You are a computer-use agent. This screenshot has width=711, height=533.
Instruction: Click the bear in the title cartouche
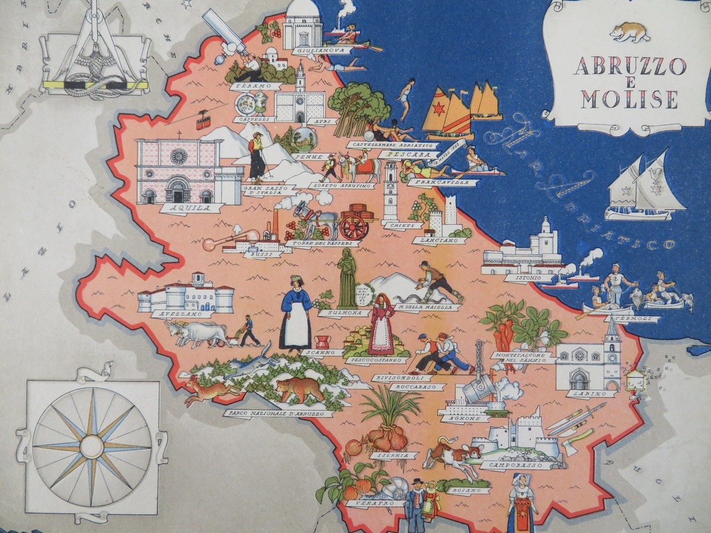tap(629, 31)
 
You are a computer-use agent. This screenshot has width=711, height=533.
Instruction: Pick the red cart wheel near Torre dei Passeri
tap(355, 226)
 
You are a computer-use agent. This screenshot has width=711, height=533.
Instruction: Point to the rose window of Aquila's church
tap(178, 156)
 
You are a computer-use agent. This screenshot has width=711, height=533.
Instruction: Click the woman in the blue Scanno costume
tap(296, 314)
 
